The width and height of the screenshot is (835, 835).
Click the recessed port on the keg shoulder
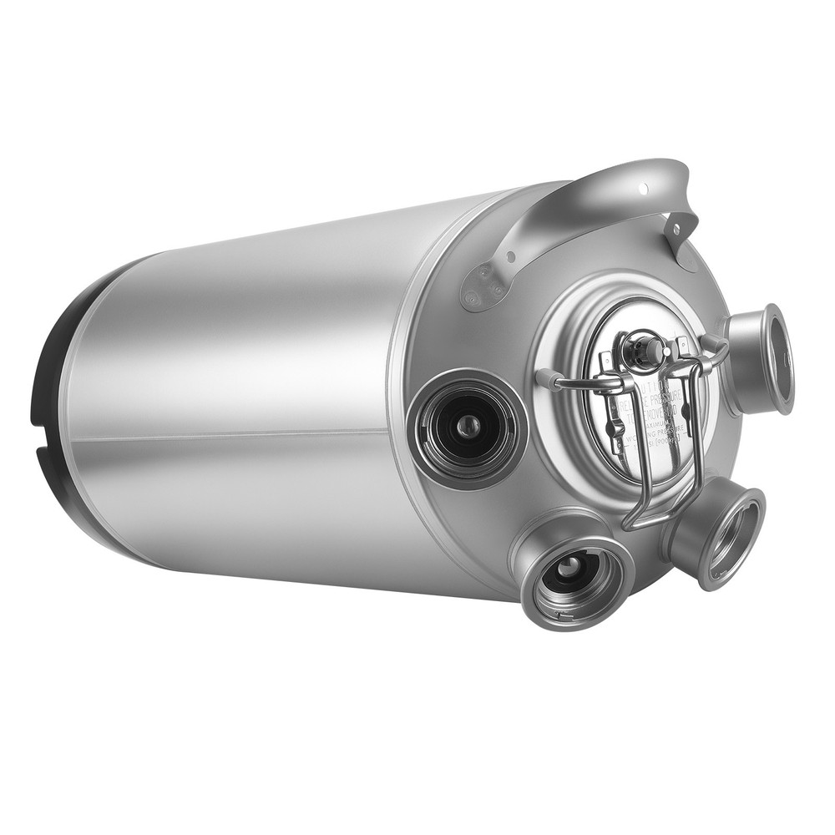[468, 428]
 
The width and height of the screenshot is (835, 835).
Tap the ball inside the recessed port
[469, 428]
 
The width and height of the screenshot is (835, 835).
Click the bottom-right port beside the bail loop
[718, 534]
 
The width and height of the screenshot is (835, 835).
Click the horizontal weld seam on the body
[250, 437]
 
